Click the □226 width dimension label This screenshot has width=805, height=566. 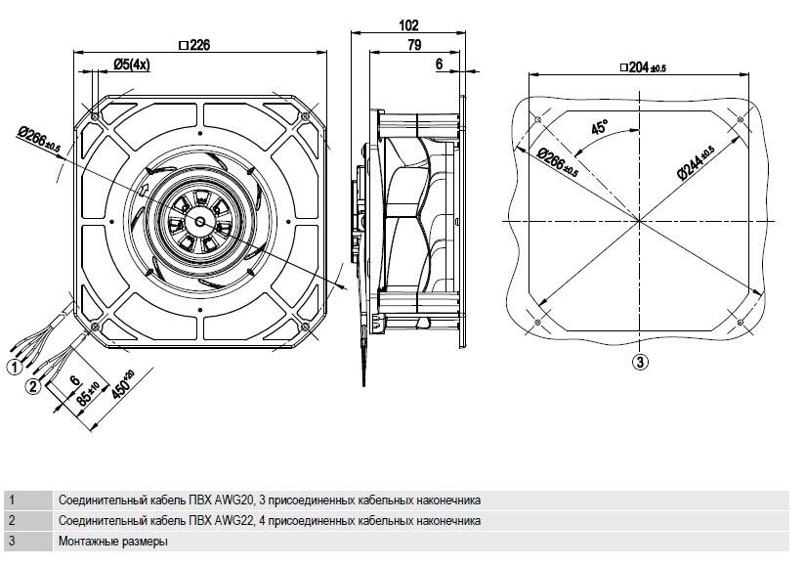(194, 45)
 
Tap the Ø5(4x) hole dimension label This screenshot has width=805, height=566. (132, 65)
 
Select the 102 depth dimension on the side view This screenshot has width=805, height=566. (408, 25)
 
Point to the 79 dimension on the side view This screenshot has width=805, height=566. (414, 45)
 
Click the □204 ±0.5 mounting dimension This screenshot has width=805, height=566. (643, 67)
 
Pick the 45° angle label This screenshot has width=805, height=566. (599, 126)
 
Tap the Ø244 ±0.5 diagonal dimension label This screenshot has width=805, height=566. (695, 162)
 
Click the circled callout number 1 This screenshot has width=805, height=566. (15, 367)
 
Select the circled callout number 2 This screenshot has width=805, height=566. (33, 386)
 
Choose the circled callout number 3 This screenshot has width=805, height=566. (640, 362)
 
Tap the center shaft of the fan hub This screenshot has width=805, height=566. (199, 220)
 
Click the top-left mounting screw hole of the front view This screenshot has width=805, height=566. (95, 116)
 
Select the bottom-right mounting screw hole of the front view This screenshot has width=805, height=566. (305, 327)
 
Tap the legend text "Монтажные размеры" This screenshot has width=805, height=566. (113, 541)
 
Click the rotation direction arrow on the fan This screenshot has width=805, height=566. (144, 189)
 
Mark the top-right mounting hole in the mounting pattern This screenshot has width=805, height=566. (740, 119)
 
